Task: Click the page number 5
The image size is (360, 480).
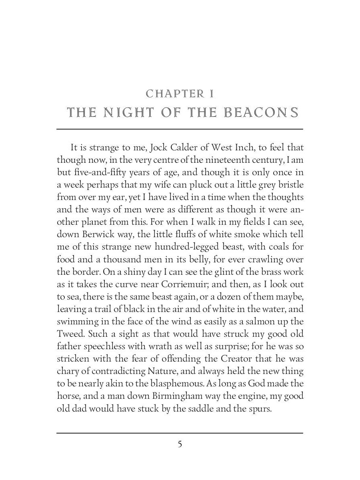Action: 180,444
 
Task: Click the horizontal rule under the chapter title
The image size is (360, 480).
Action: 180,129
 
